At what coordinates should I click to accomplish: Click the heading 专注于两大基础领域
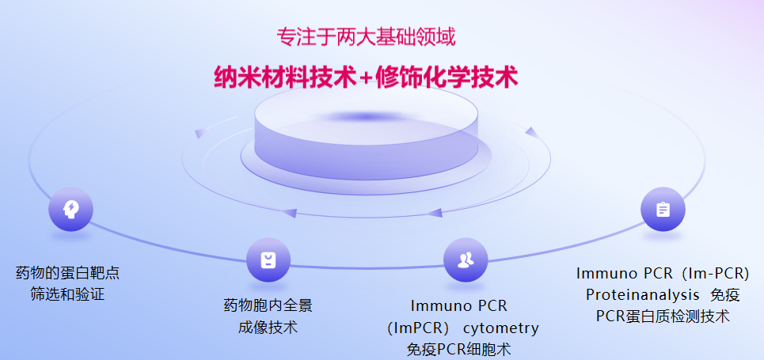366,37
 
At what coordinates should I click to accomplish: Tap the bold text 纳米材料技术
286,77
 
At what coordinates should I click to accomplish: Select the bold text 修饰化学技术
447,77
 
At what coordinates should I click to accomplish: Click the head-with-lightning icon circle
70,210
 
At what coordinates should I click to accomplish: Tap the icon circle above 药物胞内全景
268,260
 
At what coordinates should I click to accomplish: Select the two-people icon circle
466,260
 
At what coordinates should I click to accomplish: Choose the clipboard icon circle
663,210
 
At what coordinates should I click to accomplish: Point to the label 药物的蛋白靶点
67,273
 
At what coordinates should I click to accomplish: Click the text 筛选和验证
67,294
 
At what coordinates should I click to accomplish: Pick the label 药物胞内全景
268,305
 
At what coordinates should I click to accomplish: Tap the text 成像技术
268,327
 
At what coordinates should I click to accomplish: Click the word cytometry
501,328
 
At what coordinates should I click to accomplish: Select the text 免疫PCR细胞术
459,349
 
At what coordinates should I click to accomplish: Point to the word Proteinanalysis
642,294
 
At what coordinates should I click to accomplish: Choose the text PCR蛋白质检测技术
663,316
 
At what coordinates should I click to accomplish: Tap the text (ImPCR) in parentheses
418,328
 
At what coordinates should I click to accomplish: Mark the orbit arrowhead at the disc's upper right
532,132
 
